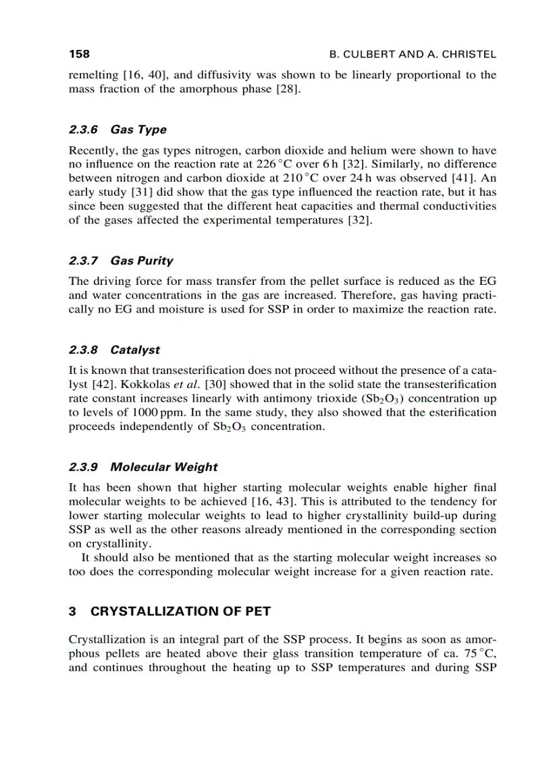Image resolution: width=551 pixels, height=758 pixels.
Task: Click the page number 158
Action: click(x=80, y=53)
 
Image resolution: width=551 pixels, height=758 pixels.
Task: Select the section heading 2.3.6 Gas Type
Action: click(x=117, y=130)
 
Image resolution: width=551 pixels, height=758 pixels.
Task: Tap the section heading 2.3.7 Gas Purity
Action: click(x=121, y=261)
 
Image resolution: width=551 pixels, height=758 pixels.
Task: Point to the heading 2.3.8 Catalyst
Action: click(x=114, y=350)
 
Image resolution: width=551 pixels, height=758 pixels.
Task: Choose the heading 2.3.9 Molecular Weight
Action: click(x=143, y=467)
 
